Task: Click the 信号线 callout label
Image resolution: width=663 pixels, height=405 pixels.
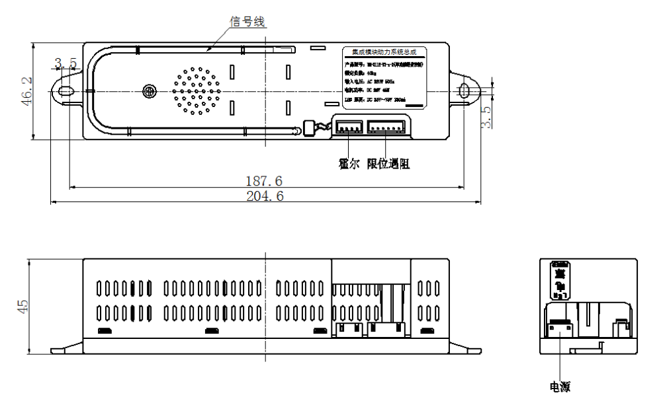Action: coord(246,22)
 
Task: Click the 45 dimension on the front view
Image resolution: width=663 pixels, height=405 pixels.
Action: coord(22,306)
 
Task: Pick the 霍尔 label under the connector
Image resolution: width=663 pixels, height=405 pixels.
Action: coord(348,165)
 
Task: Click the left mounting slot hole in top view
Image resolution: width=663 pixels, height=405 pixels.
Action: coord(66,91)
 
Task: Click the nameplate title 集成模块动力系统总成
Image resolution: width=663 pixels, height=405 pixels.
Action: coord(384,52)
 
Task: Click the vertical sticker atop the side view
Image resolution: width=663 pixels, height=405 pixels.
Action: coord(559,278)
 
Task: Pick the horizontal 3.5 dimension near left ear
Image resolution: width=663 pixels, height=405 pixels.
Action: coord(66,63)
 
